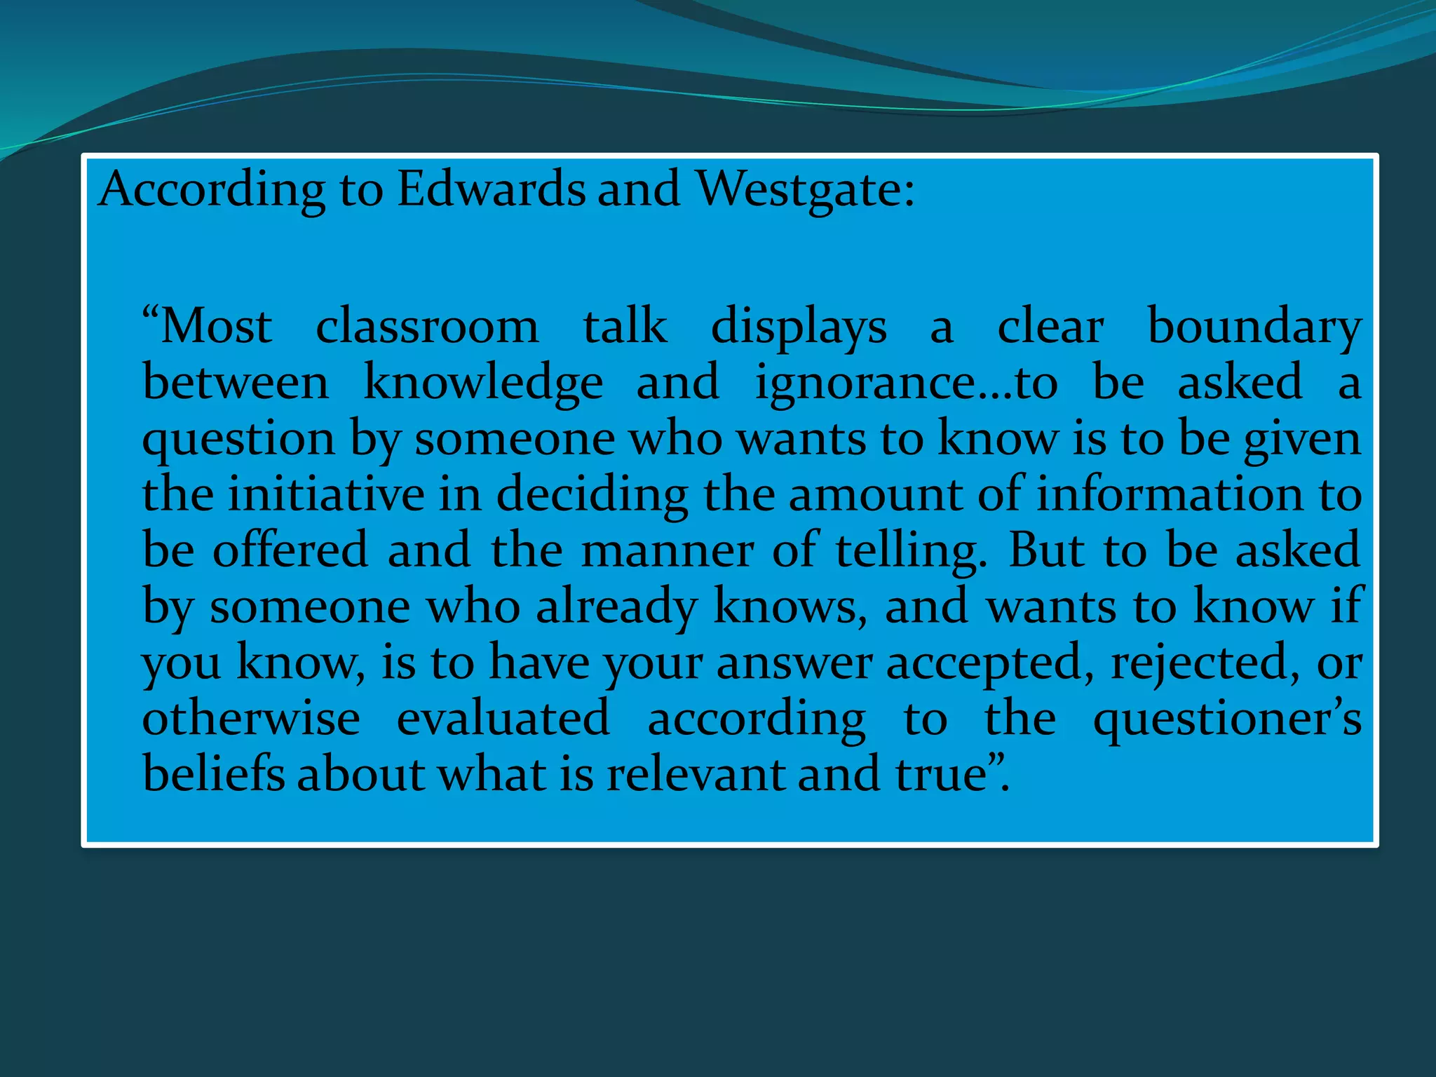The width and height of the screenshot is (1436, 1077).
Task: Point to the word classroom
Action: [427, 327]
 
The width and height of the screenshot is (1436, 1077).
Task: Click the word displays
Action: [799, 327]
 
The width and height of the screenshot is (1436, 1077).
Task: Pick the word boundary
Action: [1254, 327]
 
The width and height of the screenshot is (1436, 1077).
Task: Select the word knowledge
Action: [483, 383]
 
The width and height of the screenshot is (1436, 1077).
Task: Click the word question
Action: [238, 439]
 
